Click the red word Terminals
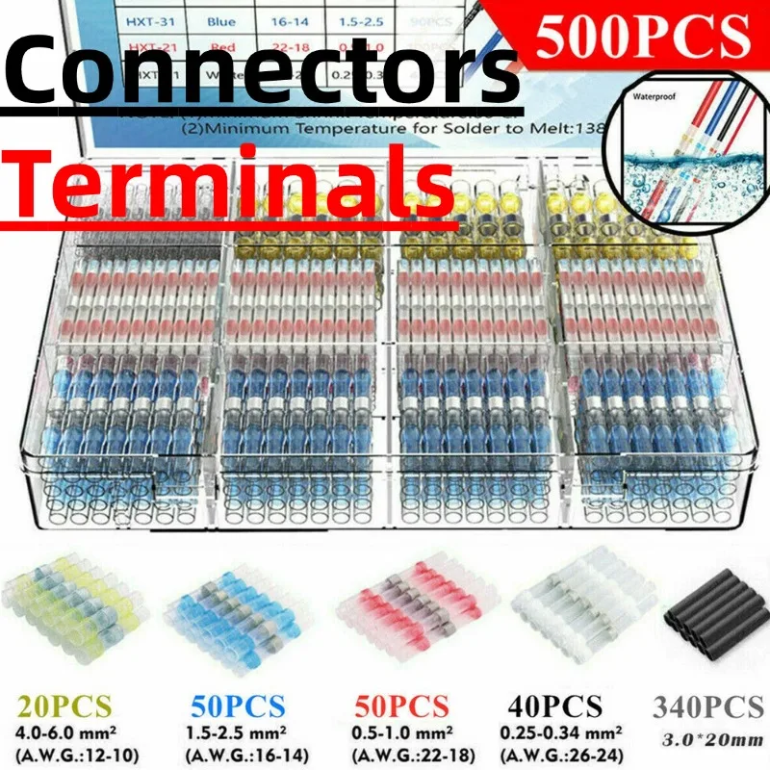point(236,182)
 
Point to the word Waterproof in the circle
point(655,98)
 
